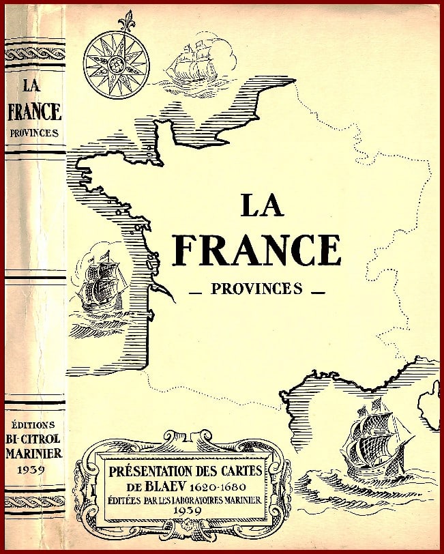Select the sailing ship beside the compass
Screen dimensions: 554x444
point(192,61)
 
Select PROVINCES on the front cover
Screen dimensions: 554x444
point(256,289)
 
